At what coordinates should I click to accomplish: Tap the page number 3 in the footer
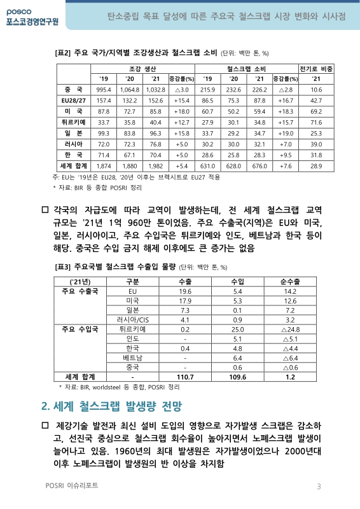(319, 487)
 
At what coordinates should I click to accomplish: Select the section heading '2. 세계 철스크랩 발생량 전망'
(111, 405)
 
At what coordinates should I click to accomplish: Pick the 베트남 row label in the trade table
(133, 358)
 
